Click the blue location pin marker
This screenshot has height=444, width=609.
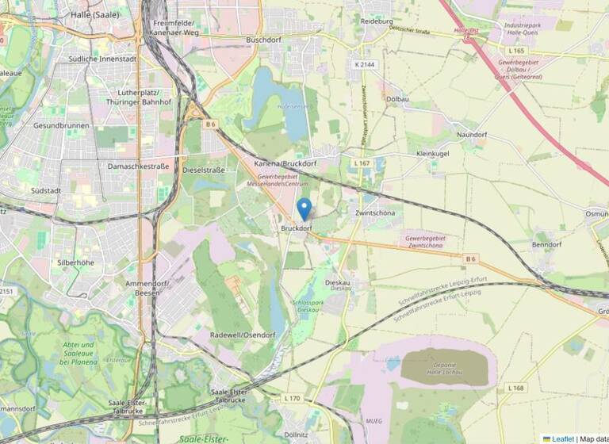pos(304,209)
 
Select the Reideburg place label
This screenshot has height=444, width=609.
pos(377,22)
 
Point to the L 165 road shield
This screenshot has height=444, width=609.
pos(515,50)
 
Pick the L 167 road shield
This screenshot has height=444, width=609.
pos(361,163)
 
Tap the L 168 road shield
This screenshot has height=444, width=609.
pos(515,388)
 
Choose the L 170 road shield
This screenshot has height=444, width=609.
pos(292,397)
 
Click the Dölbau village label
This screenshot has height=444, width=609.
pos(396,99)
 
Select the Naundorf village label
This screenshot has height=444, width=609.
pos(472,135)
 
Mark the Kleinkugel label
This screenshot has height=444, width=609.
pos(427,152)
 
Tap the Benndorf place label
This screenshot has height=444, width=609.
pos(546,245)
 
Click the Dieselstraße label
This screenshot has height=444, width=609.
pos(204,170)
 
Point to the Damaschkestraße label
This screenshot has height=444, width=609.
pos(139,166)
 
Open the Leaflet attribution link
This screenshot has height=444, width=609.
pos(563,438)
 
